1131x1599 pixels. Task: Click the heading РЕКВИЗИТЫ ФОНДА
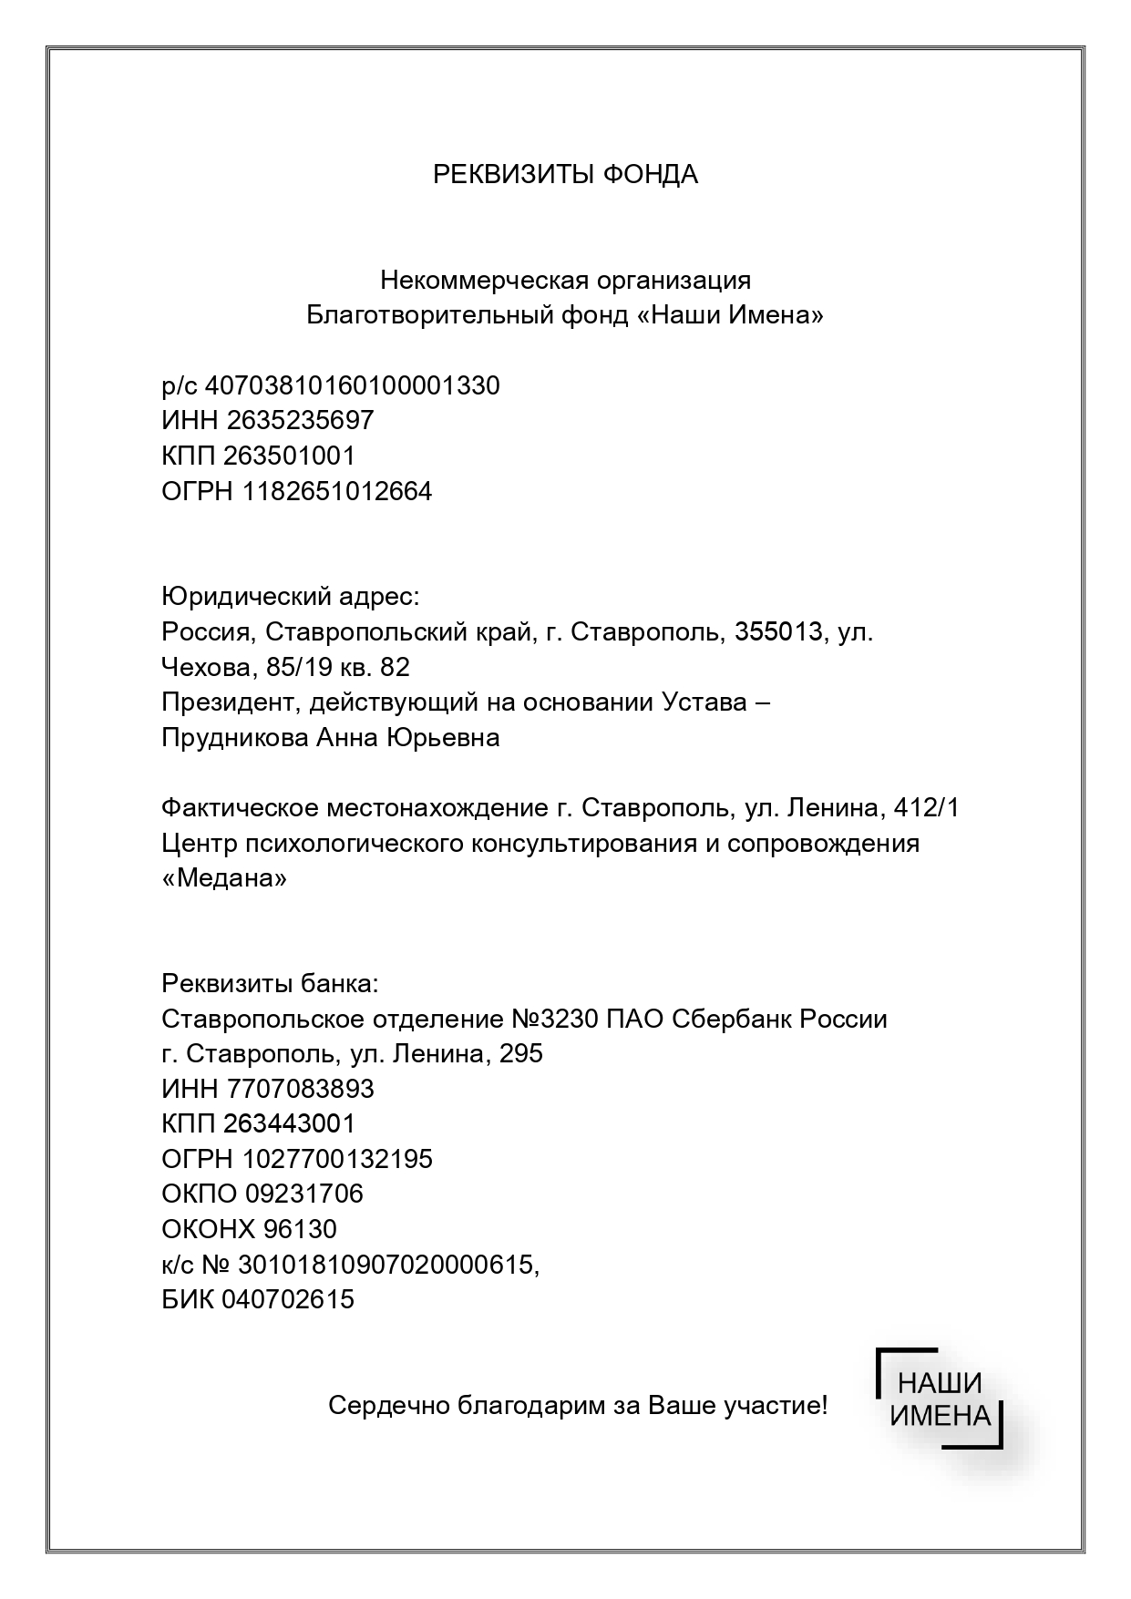pos(565,174)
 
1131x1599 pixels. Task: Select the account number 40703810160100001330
pos(353,385)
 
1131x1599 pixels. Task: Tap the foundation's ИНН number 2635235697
pos(300,420)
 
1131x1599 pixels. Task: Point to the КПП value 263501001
pos(289,456)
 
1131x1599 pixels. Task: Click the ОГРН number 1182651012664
pos(337,491)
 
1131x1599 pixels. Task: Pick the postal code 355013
pos(778,631)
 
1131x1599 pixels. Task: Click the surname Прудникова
pos(234,737)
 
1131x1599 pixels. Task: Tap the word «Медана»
pos(224,878)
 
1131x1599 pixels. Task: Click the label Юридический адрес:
pos(291,597)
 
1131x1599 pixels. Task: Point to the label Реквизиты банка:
pos(269,984)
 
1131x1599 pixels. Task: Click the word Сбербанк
pos(732,1019)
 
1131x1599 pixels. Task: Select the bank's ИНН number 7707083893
pos(300,1089)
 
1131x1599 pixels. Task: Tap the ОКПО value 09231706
pos(304,1194)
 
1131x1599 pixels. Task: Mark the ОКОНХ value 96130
pos(300,1229)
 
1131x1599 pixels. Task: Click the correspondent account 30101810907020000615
pos(386,1264)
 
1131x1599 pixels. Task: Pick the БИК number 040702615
pos(287,1299)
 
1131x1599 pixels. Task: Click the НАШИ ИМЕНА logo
pos(940,1398)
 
